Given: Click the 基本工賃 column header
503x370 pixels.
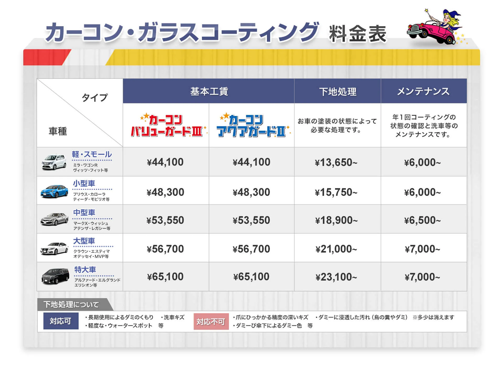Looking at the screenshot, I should tap(209, 91).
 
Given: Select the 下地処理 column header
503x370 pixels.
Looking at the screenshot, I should tap(337, 91).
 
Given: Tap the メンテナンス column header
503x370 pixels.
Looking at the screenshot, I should tap(423, 91).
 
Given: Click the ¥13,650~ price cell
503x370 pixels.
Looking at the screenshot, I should tap(336, 162).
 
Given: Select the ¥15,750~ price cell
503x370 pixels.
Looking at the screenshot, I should tap(336, 192).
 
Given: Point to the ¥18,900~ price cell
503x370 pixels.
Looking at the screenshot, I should tap(336, 220).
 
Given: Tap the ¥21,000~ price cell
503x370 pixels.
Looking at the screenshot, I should tap(336, 249).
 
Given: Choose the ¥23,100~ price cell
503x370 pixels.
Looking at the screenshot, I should tap(336, 277).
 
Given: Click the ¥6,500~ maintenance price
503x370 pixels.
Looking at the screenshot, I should tap(422, 220).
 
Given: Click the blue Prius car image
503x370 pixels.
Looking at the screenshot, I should tap(54, 191).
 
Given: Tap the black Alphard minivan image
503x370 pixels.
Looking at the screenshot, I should tap(55, 276).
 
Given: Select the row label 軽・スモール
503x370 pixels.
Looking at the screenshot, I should tap(92, 155).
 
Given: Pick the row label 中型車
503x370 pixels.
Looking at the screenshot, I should tap(84, 212).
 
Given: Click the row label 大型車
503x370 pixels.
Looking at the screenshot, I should tap(84, 241).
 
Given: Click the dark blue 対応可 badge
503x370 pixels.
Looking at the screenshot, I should tap(61, 321).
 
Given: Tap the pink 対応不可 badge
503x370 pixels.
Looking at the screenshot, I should tap(211, 321).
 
